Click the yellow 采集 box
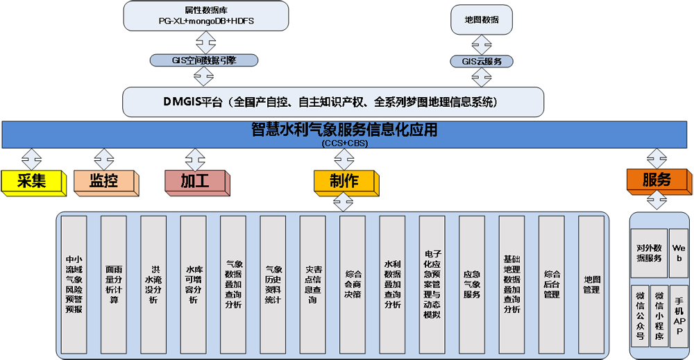point(32,181)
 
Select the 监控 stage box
point(103,181)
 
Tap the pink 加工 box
point(195,181)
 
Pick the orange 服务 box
point(656,180)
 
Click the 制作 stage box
point(344,181)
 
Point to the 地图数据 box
point(482,19)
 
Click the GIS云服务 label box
point(482,62)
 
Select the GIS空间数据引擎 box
point(204,60)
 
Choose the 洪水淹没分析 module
point(153,285)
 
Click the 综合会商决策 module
point(353,285)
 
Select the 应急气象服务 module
point(472,285)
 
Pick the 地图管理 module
point(591,285)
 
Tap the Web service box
point(679,252)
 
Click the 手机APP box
point(679,316)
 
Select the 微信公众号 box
point(640,316)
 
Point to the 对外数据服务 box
point(648,252)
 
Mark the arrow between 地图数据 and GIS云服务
point(482,44)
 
